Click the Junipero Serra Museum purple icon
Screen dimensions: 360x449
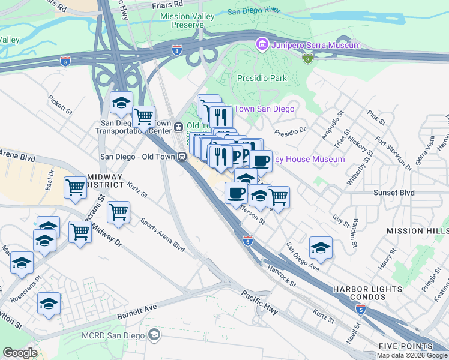[261, 44]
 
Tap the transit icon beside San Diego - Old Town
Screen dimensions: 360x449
[181, 157]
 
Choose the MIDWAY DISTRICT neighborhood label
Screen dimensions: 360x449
[106, 181]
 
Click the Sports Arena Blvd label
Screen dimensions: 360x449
[162, 233]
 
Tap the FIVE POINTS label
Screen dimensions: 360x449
[405, 346]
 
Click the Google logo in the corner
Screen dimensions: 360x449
[20, 353]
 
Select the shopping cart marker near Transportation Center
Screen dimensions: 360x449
[143, 116]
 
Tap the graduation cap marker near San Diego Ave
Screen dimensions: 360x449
[321, 247]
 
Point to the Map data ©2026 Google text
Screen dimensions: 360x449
[412, 355]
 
